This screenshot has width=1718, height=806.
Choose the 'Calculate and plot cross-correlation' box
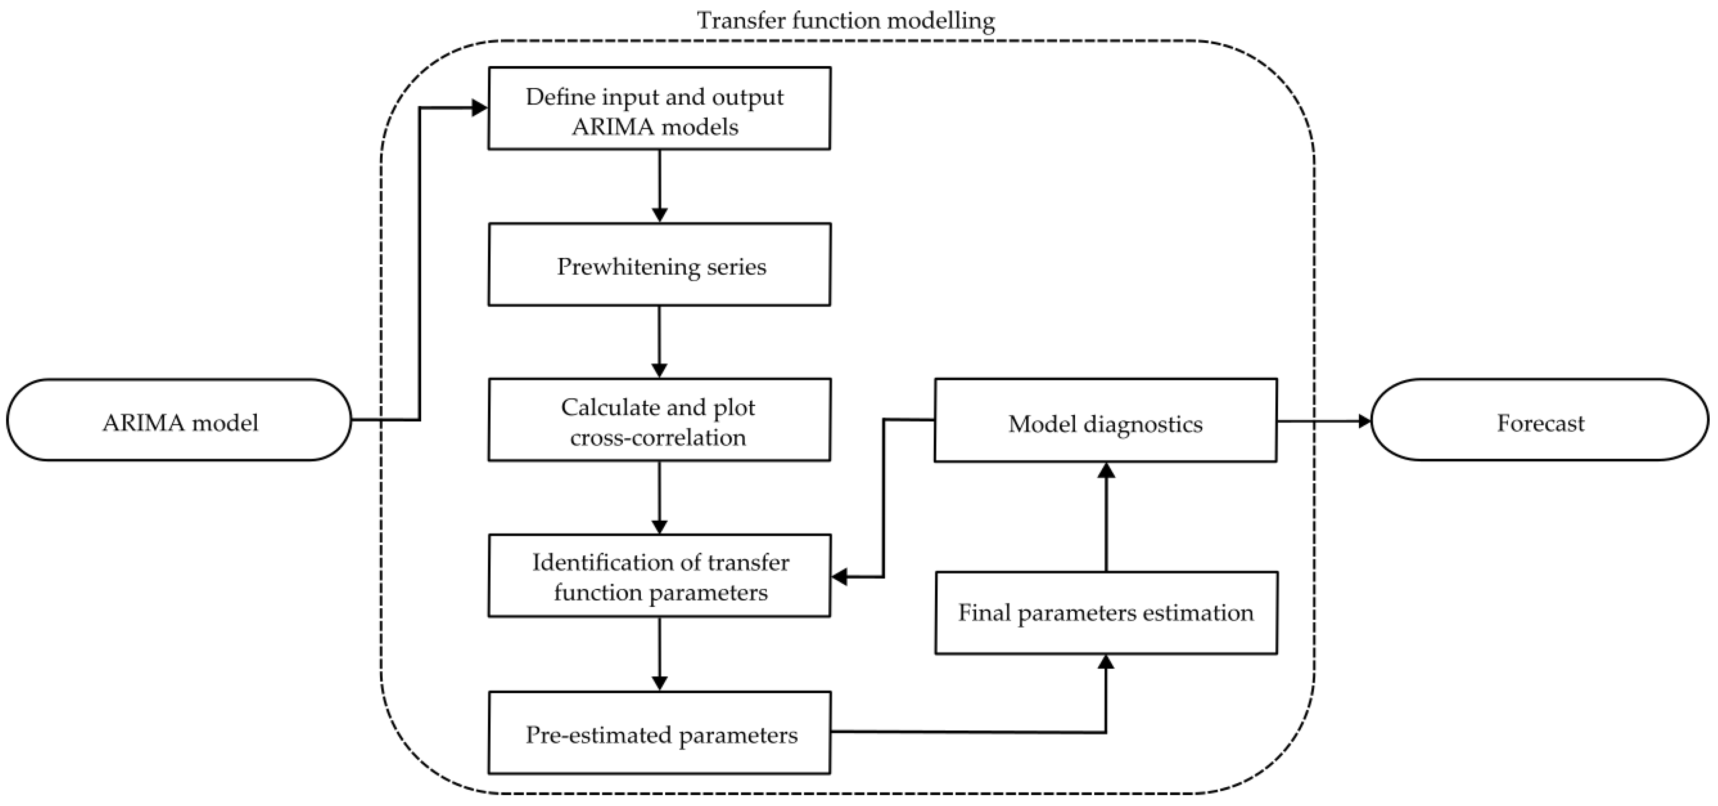pyautogui.click(x=659, y=421)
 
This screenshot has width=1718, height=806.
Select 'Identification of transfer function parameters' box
pyautogui.click(x=659, y=576)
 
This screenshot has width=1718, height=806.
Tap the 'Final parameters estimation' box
pyautogui.click(x=1106, y=613)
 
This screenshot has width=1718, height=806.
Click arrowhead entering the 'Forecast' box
pyautogui.click(x=1364, y=421)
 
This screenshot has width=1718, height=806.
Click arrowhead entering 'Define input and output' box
pyautogui.click(x=480, y=108)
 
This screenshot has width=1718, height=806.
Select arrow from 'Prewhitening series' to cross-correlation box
pyautogui.click(x=659, y=342)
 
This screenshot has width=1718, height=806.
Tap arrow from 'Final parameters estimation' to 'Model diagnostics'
pyautogui.click(x=1106, y=517)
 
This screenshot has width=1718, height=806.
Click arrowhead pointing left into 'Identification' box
pyautogui.click(x=839, y=576)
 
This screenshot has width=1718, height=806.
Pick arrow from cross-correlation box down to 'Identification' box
pyautogui.click(x=659, y=497)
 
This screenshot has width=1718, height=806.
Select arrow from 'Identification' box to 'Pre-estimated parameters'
pyautogui.click(x=659, y=654)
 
